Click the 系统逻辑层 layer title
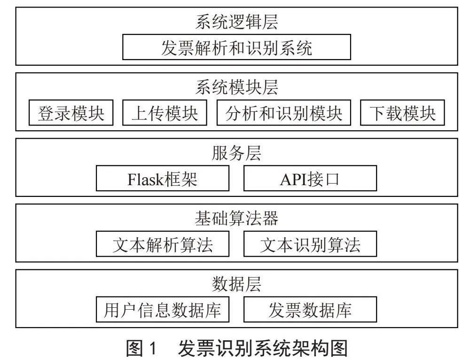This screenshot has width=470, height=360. [236, 22]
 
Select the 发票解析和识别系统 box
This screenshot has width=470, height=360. [236, 47]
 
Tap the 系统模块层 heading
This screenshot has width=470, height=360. [236, 87]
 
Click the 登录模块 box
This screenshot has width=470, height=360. [71, 113]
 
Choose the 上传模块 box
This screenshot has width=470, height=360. [164, 113]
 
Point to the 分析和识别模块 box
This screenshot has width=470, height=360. [283, 113]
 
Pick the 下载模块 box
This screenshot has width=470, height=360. [402, 113]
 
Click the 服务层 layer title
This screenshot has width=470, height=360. [236, 153]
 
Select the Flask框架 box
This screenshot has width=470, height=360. [163, 178]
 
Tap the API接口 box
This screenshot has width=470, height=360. [310, 178]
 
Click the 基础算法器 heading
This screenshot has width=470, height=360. [236, 218]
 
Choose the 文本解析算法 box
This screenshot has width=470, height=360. [163, 244]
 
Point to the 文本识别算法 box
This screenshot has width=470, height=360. [310, 244]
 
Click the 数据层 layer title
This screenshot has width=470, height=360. [236, 283]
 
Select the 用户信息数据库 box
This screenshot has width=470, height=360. [163, 309]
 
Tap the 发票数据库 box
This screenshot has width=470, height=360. [310, 309]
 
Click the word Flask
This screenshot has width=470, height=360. [146, 180]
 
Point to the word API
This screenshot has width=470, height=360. [292, 180]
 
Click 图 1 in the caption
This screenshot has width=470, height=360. [141, 348]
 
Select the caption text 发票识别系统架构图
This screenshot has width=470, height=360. [263, 348]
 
